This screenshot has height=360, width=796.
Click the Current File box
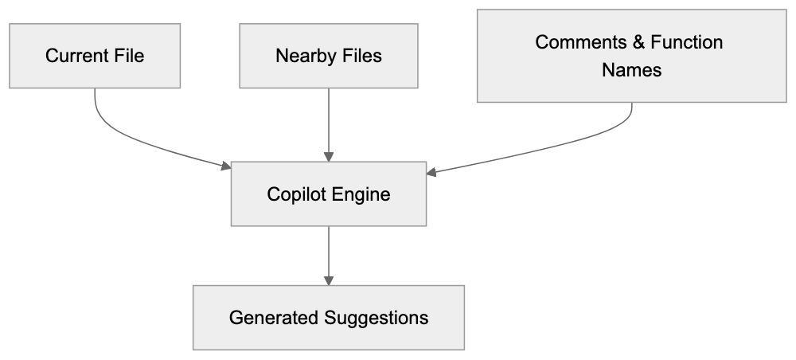(95, 56)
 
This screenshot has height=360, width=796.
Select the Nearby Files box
(329, 56)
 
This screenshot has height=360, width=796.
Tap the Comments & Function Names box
(631, 56)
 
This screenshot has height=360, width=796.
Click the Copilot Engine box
(329, 194)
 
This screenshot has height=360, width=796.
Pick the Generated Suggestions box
(329, 318)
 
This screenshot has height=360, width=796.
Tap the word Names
(631, 70)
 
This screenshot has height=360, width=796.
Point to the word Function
(684, 42)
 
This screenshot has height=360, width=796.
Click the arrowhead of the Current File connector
(225, 166)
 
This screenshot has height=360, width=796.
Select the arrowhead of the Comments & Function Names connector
(432, 171)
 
